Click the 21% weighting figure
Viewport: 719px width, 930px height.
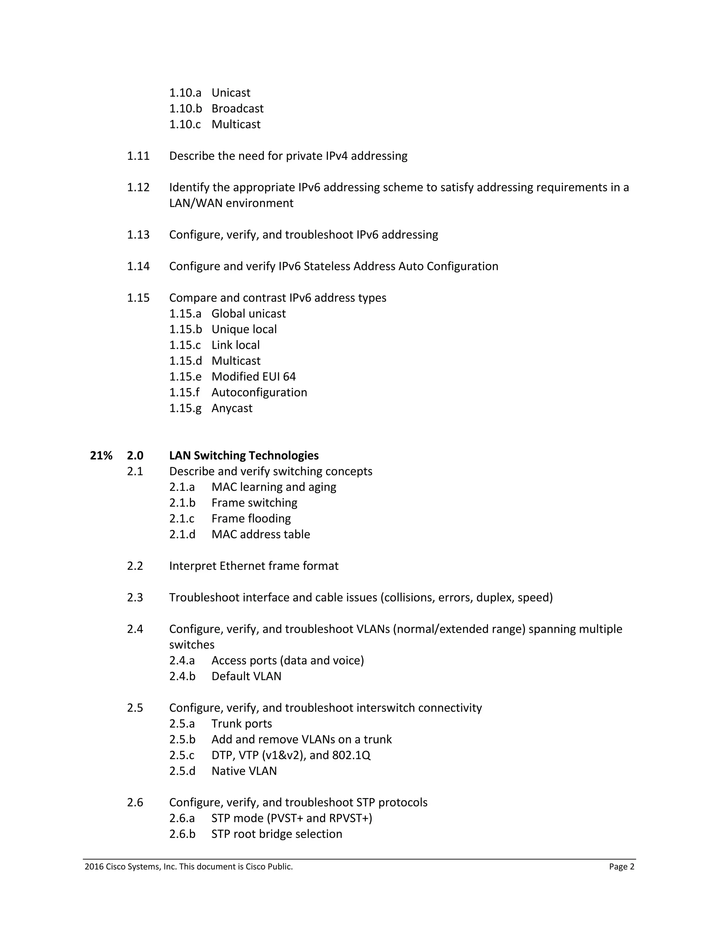(x=101, y=456)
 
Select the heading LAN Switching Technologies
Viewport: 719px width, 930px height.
(x=244, y=456)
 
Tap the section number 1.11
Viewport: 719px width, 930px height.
(x=138, y=156)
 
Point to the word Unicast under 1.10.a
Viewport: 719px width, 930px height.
(x=231, y=93)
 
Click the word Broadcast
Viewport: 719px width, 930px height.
(x=237, y=108)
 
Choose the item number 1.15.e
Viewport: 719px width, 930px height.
(x=185, y=377)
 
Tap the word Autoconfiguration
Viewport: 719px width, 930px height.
(x=259, y=392)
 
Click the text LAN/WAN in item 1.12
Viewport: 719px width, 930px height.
(x=196, y=203)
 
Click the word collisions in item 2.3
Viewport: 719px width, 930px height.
(x=409, y=597)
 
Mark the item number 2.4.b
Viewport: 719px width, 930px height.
(x=182, y=676)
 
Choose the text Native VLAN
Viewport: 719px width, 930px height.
(x=244, y=771)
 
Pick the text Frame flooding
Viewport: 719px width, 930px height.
(x=251, y=519)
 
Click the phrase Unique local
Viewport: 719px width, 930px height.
(x=244, y=329)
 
